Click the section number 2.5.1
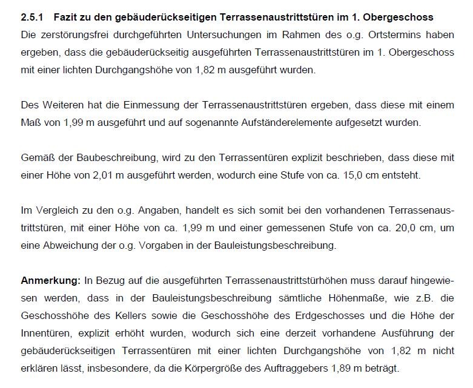[32, 18]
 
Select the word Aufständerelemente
[325, 123]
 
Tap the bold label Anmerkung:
[51, 281]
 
